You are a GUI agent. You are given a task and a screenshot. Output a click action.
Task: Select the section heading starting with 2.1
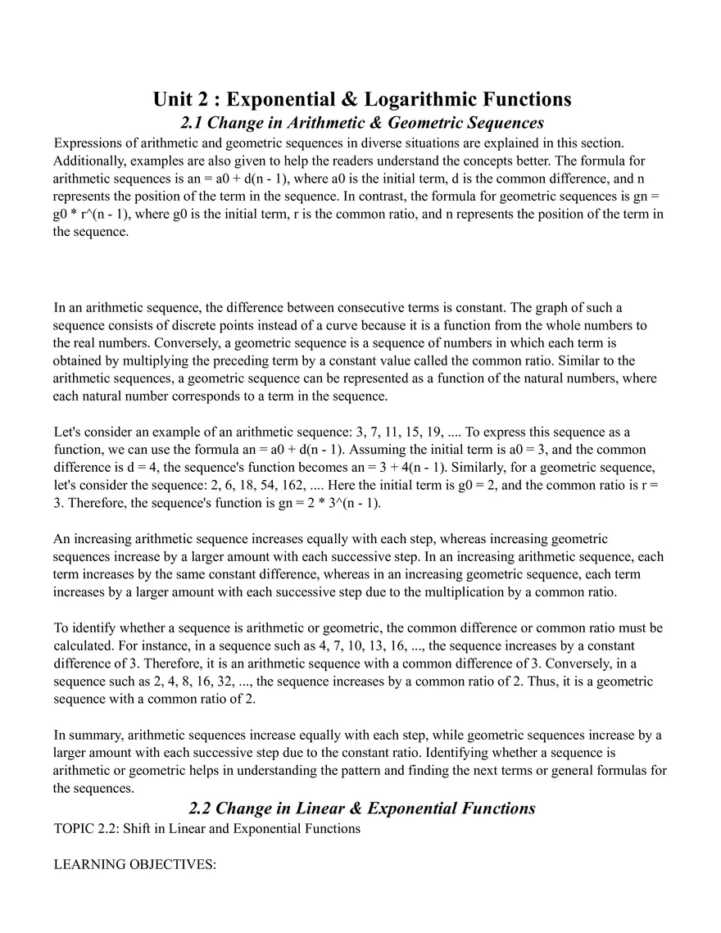[361, 123]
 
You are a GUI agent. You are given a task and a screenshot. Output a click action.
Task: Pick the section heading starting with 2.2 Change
[361, 808]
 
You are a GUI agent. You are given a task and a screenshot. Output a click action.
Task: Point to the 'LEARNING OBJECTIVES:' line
[134, 864]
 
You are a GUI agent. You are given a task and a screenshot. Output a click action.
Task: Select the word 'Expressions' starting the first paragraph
[88, 143]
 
